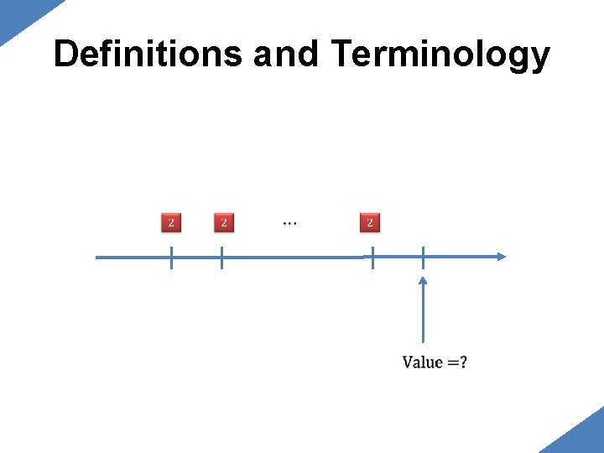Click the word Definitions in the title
point(148,55)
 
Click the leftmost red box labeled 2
point(171,223)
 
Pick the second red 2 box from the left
point(224,223)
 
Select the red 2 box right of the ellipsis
point(370,223)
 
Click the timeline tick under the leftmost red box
point(171,258)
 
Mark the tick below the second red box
point(221,258)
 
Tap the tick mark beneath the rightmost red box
point(372,258)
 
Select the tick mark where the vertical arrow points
point(423,258)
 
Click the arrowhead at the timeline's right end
point(501,257)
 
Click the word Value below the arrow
point(422,362)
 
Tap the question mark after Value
point(464,362)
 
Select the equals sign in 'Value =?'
point(453,363)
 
